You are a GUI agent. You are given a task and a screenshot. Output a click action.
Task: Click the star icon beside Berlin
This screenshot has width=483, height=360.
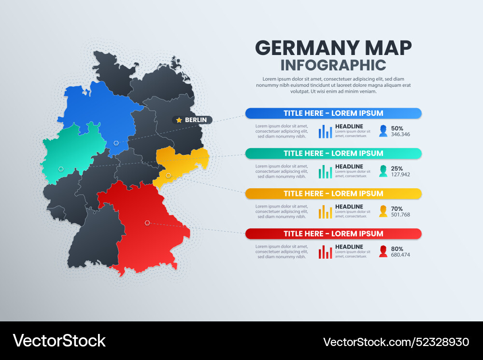179,120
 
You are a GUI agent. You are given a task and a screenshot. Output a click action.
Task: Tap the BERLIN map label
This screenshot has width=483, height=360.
196,120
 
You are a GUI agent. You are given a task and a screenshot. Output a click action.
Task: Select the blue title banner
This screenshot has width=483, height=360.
333,113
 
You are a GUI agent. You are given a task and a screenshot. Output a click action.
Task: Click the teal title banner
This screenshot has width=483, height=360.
333,153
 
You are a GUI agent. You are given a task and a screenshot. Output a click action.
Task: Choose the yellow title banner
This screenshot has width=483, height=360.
333,194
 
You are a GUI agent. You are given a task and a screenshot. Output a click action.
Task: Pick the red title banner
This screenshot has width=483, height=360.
333,234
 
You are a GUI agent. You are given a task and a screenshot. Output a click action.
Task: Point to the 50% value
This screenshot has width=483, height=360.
397,128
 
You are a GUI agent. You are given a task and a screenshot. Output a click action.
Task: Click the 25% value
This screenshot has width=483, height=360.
397,168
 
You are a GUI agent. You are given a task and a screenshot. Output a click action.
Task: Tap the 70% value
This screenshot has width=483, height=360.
397,208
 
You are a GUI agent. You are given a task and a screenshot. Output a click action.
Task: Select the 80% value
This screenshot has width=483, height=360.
397,249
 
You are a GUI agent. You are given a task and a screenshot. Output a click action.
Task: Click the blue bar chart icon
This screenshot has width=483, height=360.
325,131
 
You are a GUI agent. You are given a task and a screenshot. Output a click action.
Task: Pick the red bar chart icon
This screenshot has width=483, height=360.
325,251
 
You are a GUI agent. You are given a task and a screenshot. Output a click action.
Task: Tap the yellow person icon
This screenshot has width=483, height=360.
383,211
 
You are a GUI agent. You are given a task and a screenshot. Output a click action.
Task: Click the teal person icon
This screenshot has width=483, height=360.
383,171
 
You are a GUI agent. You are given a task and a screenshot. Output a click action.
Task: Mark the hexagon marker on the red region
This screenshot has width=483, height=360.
147,223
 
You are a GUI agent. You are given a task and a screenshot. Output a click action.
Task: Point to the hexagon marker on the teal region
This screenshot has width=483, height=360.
61,169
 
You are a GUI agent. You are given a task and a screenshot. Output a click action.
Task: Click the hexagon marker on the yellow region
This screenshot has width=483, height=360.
169,175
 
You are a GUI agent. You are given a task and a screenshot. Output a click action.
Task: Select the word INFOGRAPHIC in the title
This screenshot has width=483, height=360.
333,65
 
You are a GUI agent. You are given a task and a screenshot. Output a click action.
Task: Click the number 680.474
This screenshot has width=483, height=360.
400,255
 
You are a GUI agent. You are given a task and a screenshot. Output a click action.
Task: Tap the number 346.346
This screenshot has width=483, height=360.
400,135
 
